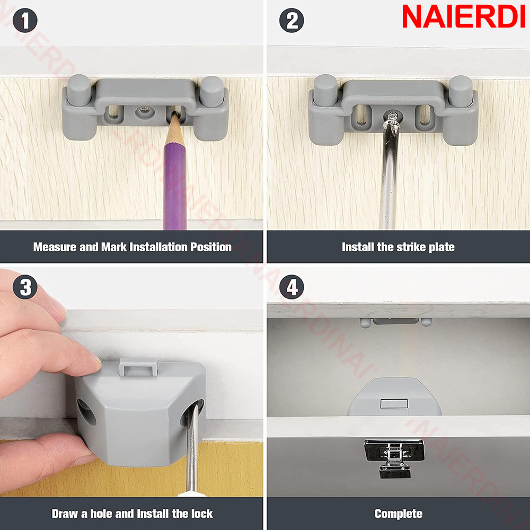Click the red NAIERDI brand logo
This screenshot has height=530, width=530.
[463, 17]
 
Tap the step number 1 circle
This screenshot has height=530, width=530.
[25, 20]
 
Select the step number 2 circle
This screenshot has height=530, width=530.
[291, 20]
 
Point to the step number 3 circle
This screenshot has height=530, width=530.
[25, 287]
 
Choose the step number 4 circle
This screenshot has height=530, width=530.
[291, 287]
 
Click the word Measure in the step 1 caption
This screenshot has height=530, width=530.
[55, 247]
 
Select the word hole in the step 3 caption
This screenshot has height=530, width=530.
[101, 514]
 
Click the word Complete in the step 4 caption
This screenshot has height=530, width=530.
[398, 514]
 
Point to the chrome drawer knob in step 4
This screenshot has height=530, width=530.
[394, 458]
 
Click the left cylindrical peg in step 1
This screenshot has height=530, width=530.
[79, 90]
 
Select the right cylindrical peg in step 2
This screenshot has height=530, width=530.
[461, 91]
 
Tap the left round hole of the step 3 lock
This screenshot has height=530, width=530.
[86, 412]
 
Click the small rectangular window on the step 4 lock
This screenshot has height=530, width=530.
[394, 403]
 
